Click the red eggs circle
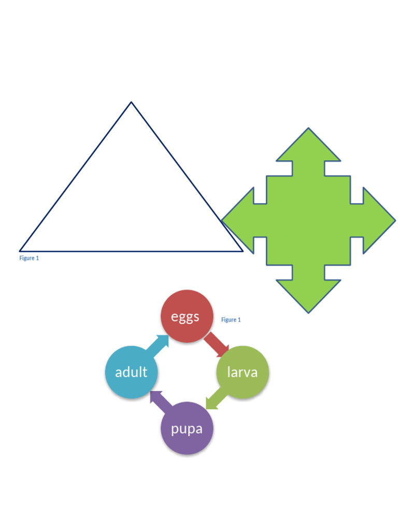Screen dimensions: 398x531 (187, 316)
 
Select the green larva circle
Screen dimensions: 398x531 (243, 372)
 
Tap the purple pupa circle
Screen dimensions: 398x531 (187, 428)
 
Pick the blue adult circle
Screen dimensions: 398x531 (131, 372)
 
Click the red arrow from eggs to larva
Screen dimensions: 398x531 (217, 345)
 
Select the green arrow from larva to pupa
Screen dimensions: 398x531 (217, 399)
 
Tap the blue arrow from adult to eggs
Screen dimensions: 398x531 (158, 346)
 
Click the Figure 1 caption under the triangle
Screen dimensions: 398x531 (29, 258)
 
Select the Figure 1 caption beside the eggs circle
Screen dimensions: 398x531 (231, 319)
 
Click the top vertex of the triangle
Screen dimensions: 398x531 (131, 102)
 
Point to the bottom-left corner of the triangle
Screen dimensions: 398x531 (20, 251)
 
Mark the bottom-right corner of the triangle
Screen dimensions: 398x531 (243, 251)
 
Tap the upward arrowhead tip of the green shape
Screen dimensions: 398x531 (308, 128)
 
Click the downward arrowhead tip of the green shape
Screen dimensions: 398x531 (308, 313)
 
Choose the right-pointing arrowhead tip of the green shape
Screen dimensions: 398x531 (395, 220)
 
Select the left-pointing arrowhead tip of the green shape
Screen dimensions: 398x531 (222, 220)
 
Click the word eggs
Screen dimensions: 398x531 (185, 317)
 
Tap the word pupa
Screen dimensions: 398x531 (187, 429)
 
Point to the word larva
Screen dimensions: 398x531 (243, 372)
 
